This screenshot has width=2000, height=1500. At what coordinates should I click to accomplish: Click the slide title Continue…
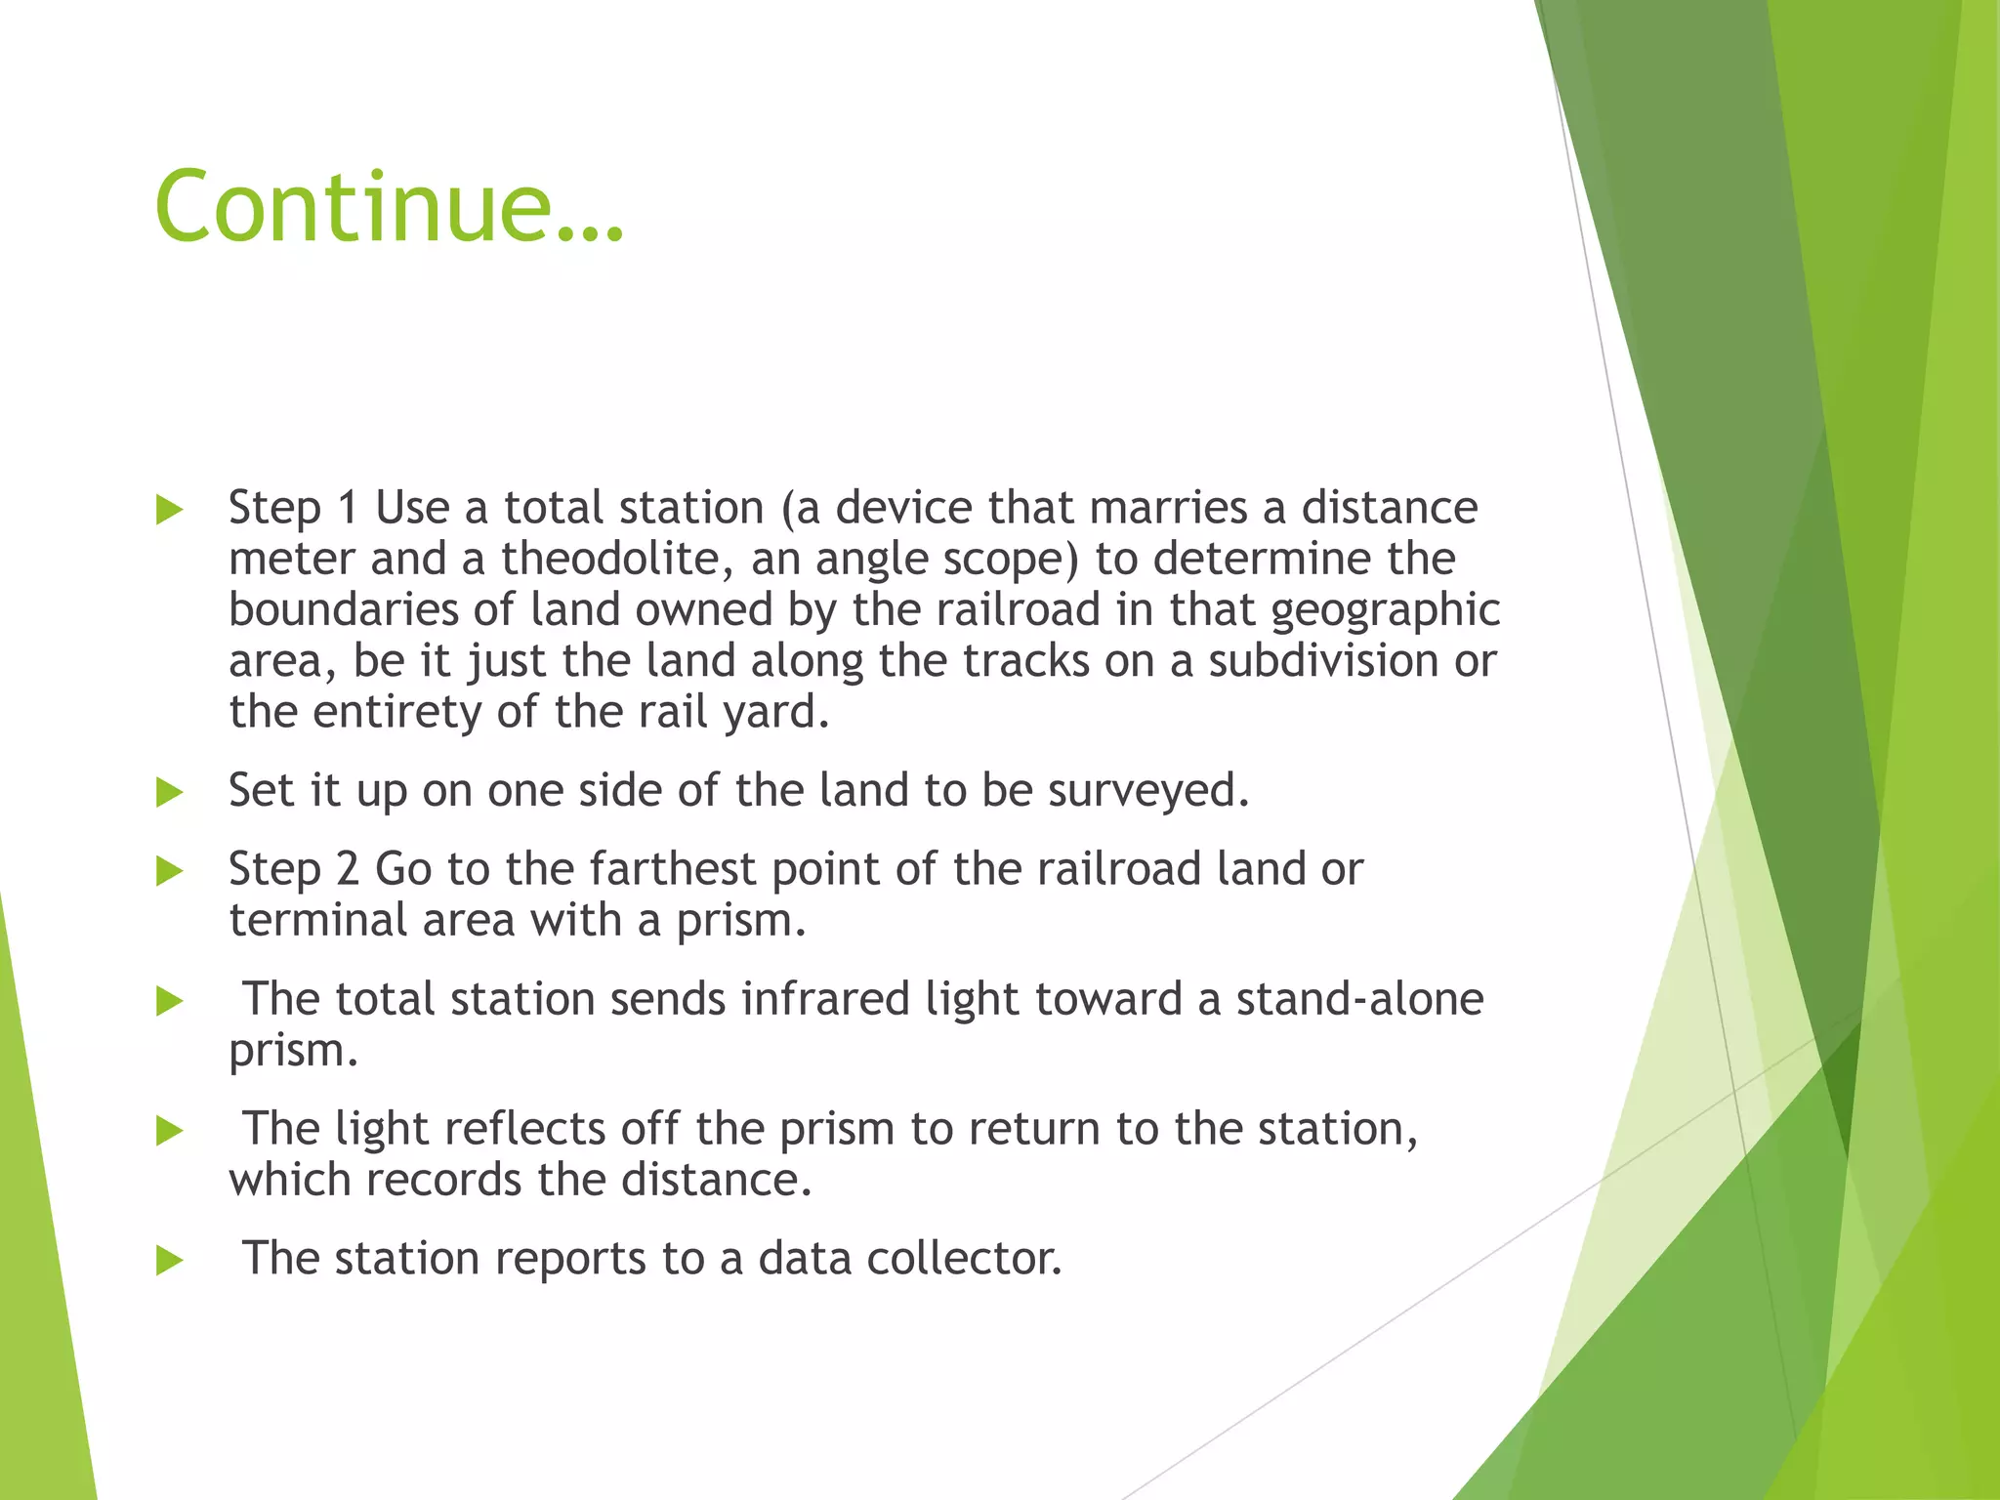(389, 207)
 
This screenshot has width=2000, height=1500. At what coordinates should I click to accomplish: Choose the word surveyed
(1148, 791)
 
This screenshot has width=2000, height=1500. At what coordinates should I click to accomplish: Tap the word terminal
(317, 921)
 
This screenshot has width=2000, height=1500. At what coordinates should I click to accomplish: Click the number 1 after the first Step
(348, 509)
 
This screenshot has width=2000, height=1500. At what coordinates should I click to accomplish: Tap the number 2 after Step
(348, 869)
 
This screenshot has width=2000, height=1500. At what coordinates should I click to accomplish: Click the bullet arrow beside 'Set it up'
(170, 792)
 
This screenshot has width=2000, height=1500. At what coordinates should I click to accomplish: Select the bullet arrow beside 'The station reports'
(170, 1260)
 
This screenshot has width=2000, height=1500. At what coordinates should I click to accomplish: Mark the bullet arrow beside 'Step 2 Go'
(170, 870)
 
